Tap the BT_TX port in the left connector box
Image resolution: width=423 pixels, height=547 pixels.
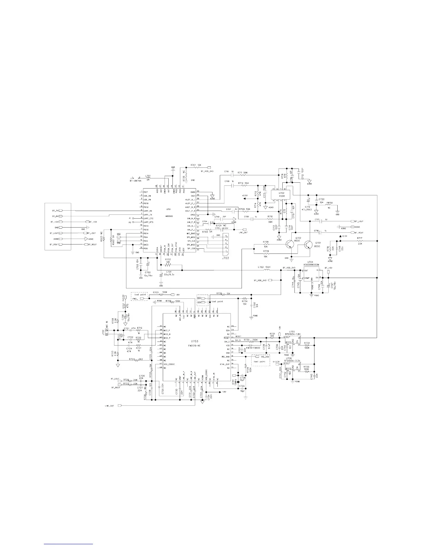click(x=55, y=210)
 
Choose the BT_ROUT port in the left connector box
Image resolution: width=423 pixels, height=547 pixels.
click(x=55, y=244)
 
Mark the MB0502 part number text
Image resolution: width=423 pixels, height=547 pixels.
click(x=169, y=217)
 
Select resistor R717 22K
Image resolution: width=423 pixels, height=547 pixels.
click(x=360, y=241)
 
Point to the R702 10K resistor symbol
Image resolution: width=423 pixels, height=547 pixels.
click(x=168, y=265)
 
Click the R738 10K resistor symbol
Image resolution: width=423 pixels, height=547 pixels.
click(x=266, y=244)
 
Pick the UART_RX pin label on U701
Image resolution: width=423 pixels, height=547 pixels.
click(x=148, y=211)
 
